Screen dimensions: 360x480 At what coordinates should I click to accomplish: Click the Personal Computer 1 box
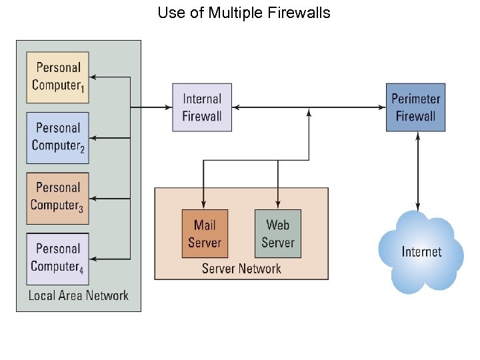click(58, 77)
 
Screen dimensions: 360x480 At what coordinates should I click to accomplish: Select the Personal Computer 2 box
click(58, 137)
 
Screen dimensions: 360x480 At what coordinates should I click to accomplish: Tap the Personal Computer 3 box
click(58, 197)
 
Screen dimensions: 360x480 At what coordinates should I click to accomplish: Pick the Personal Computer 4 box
click(58, 258)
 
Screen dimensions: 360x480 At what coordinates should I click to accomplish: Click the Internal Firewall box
click(202, 107)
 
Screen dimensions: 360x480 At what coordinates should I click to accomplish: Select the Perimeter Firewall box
click(415, 107)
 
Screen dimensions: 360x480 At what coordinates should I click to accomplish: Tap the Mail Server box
click(204, 234)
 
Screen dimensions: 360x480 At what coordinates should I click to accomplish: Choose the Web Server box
click(278, 234)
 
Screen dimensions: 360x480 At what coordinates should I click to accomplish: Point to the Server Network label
click(241, 269)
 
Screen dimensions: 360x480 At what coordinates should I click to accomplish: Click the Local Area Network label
click(79, 295)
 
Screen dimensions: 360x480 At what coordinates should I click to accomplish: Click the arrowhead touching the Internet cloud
click(418, 207)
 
